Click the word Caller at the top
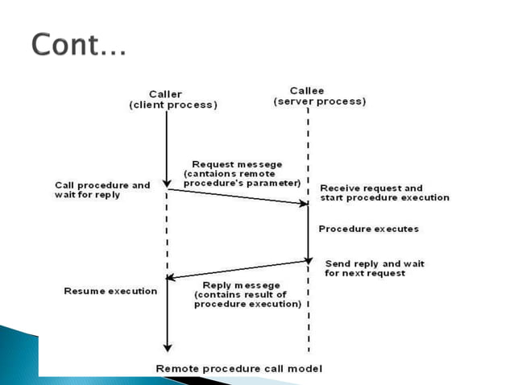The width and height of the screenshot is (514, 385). [x=167, y=94]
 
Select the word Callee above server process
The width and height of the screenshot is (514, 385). [x=307, y=90]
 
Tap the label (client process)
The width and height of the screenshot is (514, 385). [x=172, y=105]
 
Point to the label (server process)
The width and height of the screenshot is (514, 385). [x=319, y=101]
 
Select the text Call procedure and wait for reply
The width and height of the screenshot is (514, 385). [x=102, y=190]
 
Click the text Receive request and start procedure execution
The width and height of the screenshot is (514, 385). [x=384, y=192]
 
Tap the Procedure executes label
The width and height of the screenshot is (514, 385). [x=368, y=229]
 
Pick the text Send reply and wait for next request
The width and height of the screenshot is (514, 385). [x=375, y=268]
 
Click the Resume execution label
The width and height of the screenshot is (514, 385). [x=110, y=291]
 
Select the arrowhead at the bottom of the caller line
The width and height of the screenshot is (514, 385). [x=167, y=347]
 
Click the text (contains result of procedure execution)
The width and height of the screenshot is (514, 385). [x=247, y=300]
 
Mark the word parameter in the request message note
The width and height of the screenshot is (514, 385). [x=274, y=183]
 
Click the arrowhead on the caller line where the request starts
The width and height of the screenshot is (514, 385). [x=167, y=184]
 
